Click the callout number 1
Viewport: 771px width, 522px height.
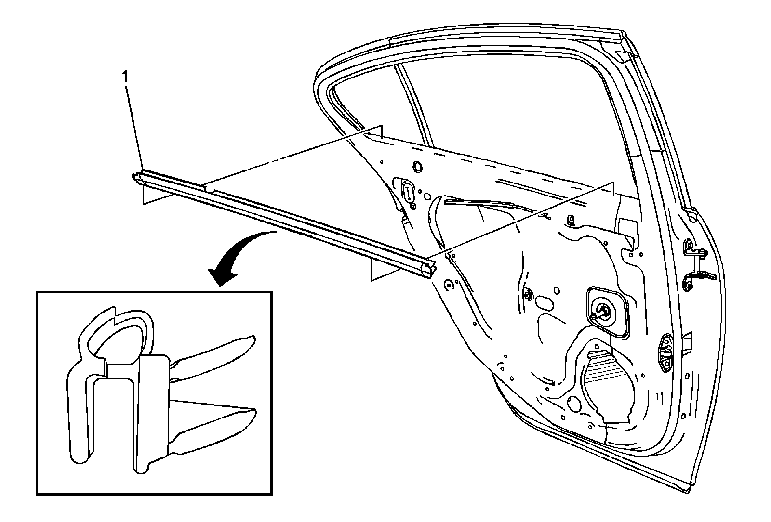point(125,76)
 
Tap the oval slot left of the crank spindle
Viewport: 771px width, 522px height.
point(545,303)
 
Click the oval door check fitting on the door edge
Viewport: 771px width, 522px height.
point(666,351)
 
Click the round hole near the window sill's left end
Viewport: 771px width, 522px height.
point(417,167)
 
